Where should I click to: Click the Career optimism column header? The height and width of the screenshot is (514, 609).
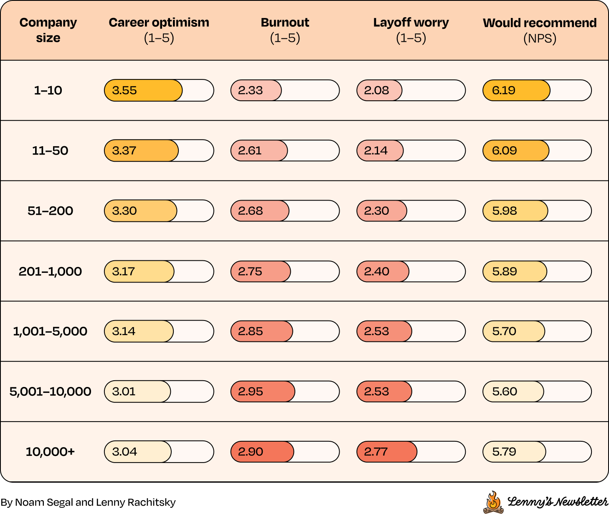pos(159,30)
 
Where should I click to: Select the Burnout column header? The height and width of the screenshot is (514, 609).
pos(285,30)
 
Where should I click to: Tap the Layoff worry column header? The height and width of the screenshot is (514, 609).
pos(411,30)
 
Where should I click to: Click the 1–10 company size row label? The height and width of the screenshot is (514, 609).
pos(48,90)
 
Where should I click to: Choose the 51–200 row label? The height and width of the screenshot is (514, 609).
pos(50,211)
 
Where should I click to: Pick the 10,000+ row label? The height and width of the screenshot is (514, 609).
pos(50,452)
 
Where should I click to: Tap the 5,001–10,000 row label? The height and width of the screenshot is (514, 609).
pos(50,392)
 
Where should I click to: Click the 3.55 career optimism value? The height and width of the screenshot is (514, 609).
pos(124,90)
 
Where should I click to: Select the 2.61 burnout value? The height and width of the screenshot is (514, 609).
pos(250,150)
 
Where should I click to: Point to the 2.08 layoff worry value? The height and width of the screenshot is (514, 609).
pos(376,90)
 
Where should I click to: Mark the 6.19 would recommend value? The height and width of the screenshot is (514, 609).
pos(504,90)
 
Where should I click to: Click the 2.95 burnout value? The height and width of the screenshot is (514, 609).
pos(250,392)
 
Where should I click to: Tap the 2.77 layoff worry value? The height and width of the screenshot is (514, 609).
pos(376,452)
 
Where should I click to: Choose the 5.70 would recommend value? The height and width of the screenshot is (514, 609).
pos(504,331)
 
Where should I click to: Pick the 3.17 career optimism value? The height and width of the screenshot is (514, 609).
pos(123,272)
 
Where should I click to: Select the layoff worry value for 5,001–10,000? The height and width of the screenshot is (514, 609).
pos(376,392)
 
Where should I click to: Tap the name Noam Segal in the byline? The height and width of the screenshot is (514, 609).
pos(44,502)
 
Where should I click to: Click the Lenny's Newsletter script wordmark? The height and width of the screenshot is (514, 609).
pos(558,502)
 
